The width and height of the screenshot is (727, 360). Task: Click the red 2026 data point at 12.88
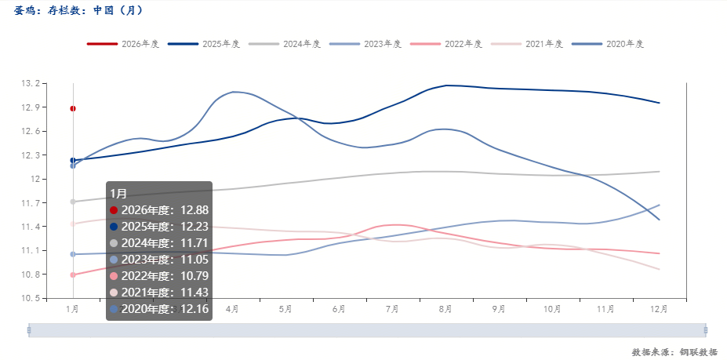click(73, 108)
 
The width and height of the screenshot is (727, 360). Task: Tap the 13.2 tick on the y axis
click(31, 84)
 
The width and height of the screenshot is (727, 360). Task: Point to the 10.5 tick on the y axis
click(31, 299)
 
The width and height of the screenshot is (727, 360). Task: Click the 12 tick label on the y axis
click(35, 180)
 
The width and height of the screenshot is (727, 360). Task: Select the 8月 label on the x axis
click(445, 310)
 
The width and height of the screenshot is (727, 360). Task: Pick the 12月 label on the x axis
click(659, 310)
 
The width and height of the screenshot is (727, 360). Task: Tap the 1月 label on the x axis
click(73, 310)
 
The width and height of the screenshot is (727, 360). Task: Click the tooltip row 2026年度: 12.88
click(159, 209)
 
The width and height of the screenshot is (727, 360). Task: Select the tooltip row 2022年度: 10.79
click(159, 275)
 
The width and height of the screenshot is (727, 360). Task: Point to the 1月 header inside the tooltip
click(118, 193)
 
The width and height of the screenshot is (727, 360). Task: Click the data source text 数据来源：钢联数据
click(674, 352)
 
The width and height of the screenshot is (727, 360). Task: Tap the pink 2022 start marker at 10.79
click(73, 275)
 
